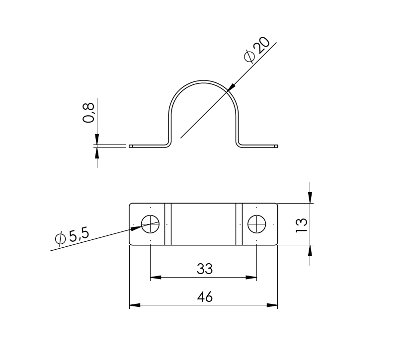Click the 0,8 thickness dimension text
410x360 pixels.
tap(89, 113)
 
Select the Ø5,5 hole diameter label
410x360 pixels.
tap(72, 237)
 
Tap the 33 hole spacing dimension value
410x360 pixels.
tap(204, 269)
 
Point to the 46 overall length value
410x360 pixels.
tap(204, 297)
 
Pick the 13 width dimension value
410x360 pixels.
tap(302, 224)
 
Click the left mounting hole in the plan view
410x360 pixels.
tap(150, 224)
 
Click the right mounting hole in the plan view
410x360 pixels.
tap(256, 224)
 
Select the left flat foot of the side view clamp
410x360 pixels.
tap(147, 146)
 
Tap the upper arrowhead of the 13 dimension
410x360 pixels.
tap(310, 199)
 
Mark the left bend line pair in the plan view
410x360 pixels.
tap(168, 224)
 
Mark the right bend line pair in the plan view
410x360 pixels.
tap(239, 224)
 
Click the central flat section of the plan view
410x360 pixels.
tap(204, 224)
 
